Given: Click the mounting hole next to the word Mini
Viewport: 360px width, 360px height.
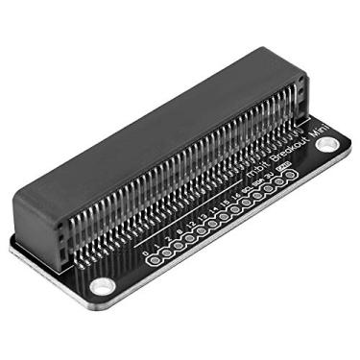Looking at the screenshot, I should click(x=327, y=146).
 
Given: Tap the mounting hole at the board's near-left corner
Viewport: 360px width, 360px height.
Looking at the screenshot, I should click(x=101, y=285).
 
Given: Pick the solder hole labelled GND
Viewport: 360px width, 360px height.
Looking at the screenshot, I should click(x=289, y=178).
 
